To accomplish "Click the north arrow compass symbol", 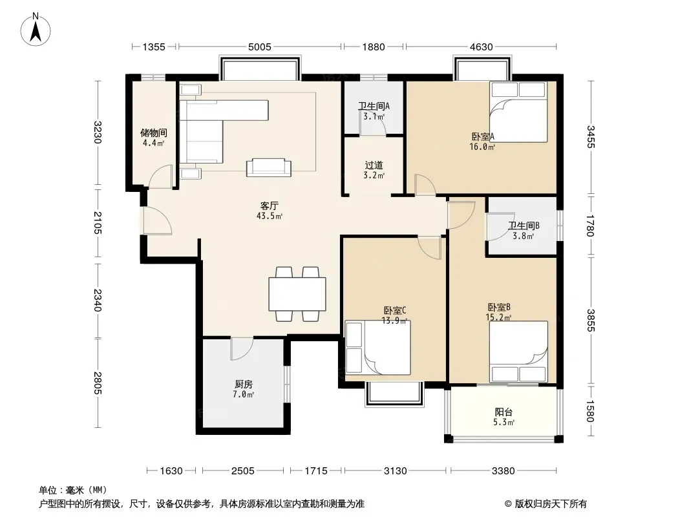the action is point(36,30).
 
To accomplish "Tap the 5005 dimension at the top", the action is point(260,47).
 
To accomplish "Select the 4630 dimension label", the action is point(481,47).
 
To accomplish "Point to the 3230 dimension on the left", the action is point(98,132).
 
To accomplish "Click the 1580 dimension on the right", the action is point(591,411).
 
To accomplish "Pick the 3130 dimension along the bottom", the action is point(395,471).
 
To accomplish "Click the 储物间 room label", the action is point(153,132).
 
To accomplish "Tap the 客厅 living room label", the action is point(269,206).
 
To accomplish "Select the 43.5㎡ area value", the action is point(270,216).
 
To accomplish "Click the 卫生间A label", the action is point(374,106).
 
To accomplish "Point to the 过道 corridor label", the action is point(374,165).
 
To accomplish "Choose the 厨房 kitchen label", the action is point(243,385).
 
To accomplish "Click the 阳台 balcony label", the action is point(503,412).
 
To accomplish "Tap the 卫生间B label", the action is point(524,226).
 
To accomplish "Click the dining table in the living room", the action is point(297,294).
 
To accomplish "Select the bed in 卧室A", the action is point(518,112).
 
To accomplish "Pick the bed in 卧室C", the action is point(378,348).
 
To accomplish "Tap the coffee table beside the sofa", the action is point(269,168).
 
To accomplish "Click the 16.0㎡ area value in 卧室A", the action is point(482,147).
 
